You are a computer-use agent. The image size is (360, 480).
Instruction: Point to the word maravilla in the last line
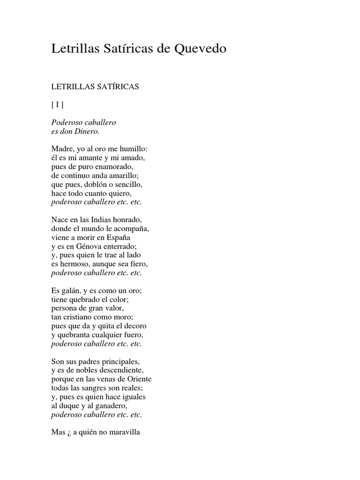coord(123,433)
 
